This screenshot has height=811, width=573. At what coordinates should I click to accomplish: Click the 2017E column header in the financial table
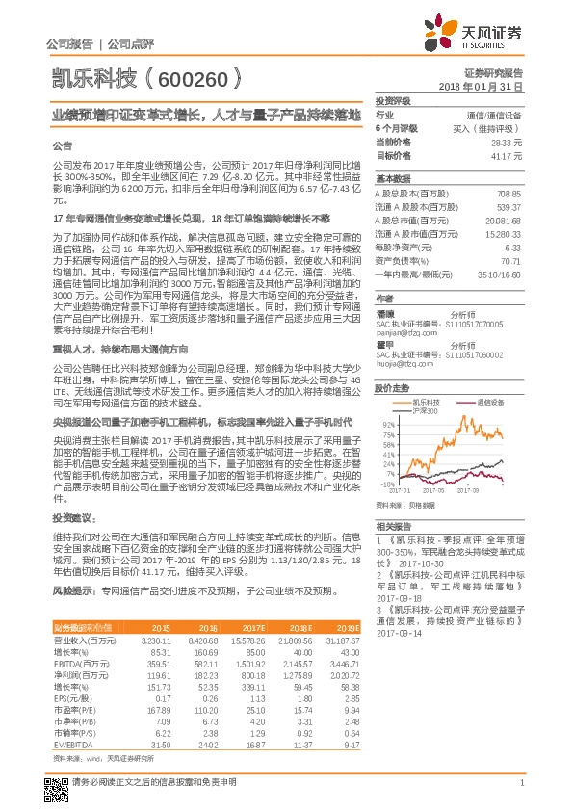(253, 626)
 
